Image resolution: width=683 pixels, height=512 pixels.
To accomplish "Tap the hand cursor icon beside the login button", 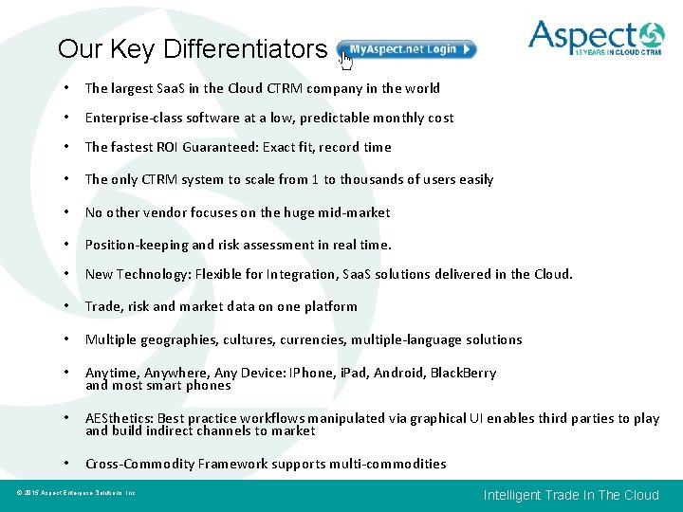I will point(346,62).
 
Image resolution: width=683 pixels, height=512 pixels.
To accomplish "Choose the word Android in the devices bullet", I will point(399,373).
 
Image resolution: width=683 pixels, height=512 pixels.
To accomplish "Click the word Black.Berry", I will point(463,373).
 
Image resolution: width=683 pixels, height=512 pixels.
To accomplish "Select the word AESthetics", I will point(119,418).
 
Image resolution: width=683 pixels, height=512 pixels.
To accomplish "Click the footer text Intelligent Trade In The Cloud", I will point(571,495).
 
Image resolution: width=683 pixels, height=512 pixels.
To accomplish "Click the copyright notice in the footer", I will point(77,493).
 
